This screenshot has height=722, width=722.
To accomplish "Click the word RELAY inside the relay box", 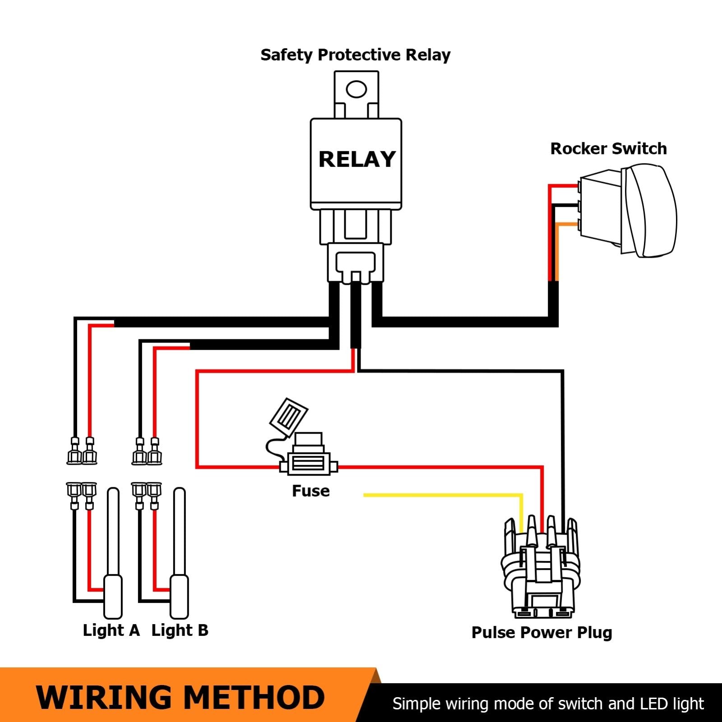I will [356, 159].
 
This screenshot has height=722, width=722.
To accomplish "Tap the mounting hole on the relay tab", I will [356, 89].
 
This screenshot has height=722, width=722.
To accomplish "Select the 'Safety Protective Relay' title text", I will [355, 55].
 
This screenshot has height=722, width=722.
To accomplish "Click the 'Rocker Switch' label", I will [608, 148].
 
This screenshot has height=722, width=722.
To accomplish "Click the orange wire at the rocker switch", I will [558, 253].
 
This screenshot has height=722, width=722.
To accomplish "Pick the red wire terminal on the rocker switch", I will [578, 185].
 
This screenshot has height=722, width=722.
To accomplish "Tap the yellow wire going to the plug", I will [442, 495].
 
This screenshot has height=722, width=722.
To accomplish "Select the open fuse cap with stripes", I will [289, 416].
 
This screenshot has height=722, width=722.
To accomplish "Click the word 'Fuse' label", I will [310, 491].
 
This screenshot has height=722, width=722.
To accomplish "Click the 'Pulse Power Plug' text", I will [541, 632].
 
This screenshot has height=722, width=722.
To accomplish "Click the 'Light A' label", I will [111, 630].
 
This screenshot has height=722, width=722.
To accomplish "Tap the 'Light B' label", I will [180, 630].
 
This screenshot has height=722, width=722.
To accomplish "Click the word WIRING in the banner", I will [104, 697].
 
